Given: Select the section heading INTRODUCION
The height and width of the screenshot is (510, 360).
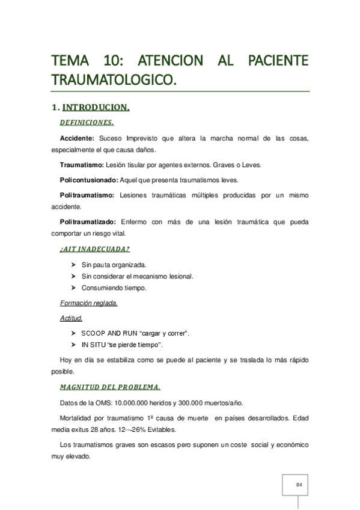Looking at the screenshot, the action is pos(96,108).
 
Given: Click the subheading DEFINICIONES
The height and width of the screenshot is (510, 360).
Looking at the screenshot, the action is pos(87,123).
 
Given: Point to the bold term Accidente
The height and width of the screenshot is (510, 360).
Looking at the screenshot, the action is pos(78,138).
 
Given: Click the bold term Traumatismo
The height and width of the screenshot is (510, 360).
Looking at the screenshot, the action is pos(82,164).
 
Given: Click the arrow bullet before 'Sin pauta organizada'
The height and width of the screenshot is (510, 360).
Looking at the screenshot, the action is pos(73,265).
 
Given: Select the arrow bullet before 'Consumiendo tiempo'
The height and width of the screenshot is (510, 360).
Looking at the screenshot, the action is pos(73,287).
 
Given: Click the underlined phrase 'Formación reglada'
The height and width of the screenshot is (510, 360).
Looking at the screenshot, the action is pos(88,303).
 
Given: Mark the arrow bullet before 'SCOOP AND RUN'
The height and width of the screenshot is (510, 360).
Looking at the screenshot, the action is pos(73,333).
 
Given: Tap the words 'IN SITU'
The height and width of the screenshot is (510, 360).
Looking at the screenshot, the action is pos(93,345).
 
